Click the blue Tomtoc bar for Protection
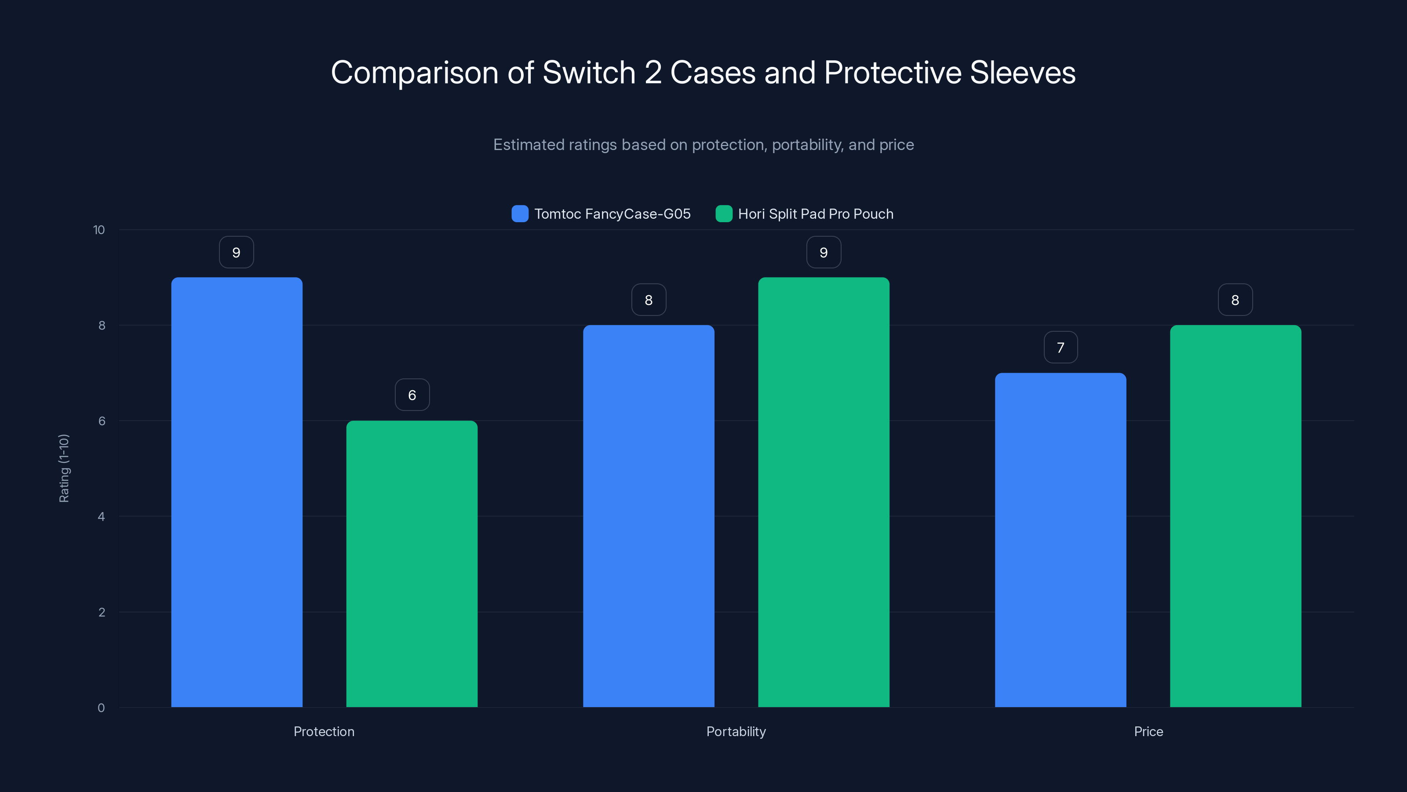237,492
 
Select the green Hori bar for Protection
412,564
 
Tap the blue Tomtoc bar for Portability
649,516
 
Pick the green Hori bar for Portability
824,492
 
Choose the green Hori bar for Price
1236,516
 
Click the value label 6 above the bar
412,395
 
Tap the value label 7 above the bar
1060,347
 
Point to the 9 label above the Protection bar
237,252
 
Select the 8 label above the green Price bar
1235,300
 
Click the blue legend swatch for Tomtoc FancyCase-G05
519,214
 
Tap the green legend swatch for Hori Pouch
724,214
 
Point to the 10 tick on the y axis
99,230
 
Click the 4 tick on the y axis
101,517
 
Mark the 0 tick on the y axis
101,708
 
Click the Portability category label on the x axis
736,731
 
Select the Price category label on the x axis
1148,731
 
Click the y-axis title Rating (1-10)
64,469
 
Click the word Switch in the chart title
589,72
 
